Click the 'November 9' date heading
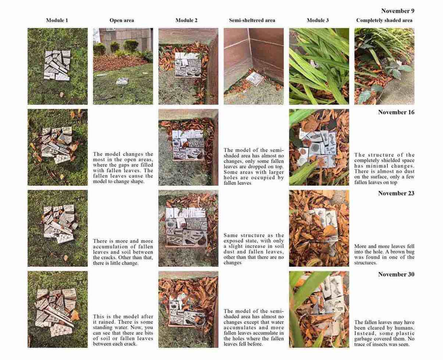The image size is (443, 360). pos(397,11)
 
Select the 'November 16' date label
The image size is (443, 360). pos(396,112)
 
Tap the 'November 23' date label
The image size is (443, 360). pos(396,193)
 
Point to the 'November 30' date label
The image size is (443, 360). pos(396,274)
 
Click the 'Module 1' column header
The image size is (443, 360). pos(57,21)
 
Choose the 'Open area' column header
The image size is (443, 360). pos(122,21)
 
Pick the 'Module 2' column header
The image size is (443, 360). pos(186,21)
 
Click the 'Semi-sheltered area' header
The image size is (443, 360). pos(252,21)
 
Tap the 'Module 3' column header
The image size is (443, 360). pos(318,21)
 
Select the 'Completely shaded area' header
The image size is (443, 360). pos(384,21)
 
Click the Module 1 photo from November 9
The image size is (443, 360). pos(57,66)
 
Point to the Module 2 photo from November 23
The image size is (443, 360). pos(188,228)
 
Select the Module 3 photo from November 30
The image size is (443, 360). pos(319,309)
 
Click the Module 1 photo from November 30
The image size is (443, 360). pos(57,309)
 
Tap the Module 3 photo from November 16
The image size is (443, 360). pos(319,147)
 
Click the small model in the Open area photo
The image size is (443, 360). pos(122,82)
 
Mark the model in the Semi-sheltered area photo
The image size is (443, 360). pos(253,78)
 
